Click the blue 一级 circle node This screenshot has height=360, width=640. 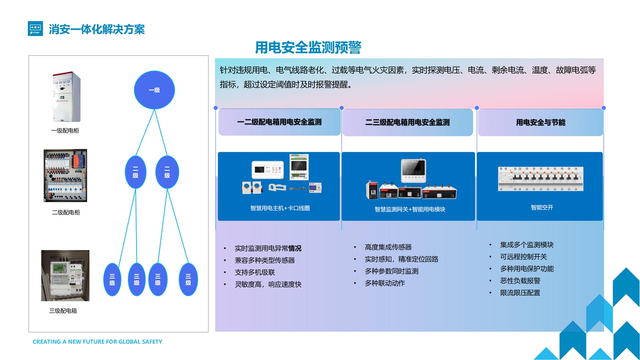tap(154, 90)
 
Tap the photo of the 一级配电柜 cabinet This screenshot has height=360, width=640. tap(66, 97)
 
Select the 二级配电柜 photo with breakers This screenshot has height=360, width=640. tap(65, 175)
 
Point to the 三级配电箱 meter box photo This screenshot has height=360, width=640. tap(65, 276)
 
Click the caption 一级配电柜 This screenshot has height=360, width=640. tap(65, 131)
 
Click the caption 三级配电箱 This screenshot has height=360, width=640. tap(63, 311)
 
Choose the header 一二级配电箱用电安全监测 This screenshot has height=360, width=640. tap(279, 122)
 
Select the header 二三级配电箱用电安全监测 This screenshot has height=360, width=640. tap(407, 122)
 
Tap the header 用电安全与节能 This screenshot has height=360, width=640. tap(540, 122)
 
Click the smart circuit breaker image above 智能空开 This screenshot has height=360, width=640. tap(540, 179)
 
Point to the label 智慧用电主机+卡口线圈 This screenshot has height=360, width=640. tap(280, 208)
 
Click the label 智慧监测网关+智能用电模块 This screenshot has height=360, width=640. tap(410, 209)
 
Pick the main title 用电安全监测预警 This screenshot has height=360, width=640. tap(308, 47)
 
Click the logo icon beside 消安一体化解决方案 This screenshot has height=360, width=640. tap(35, 29)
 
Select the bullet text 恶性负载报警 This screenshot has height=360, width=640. tap(520, 281)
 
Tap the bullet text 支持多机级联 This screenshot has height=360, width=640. tap(255, 272)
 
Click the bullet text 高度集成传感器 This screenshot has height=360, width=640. tap(388, 247)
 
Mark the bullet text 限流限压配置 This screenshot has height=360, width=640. tap(520, 293)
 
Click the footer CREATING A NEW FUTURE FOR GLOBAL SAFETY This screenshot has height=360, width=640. tap(97, 342)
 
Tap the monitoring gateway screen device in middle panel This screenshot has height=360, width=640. tap(413, 170)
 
